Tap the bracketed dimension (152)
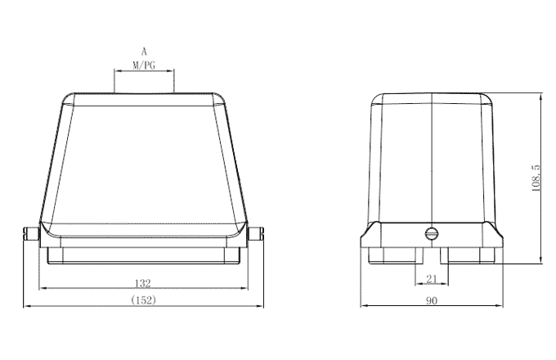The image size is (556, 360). (142, 300)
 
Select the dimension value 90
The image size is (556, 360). (431, 300)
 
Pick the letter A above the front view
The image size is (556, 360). (144, 51)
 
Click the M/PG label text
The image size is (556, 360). (144, 63)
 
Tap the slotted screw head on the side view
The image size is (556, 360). (432, 235)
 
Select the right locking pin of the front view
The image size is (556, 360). (257, 235)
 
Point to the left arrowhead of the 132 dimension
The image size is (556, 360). (43, 288)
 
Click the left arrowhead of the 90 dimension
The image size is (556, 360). (364, 307)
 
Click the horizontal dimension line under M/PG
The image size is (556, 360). (144, 70)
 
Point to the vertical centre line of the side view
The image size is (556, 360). (431, 164)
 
